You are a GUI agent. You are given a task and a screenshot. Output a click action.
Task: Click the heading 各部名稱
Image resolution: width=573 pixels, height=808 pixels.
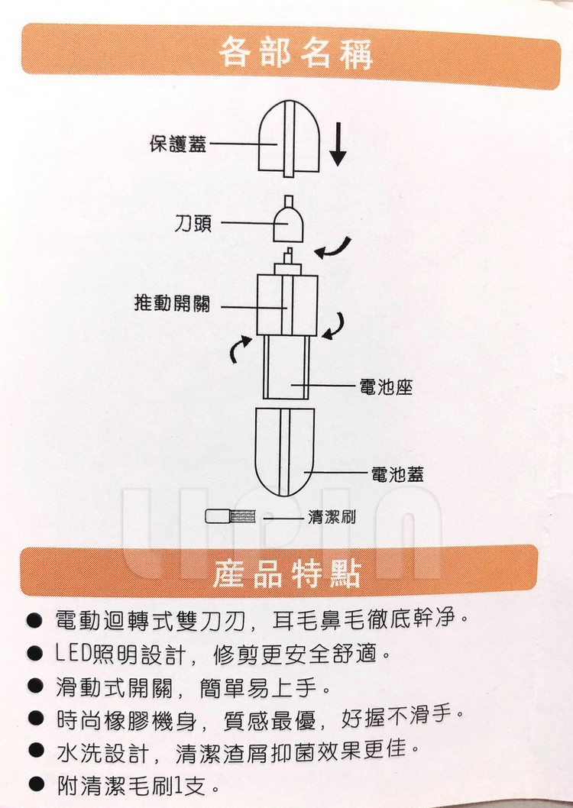tap(295, 53)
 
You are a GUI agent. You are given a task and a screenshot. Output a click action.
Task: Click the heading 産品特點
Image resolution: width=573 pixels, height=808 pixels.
tap(286, 573)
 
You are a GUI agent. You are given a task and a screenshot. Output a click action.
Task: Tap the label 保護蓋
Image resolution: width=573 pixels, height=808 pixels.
tap(178, 144)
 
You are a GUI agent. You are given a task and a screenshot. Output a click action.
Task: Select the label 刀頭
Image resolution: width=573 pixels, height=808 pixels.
tap(193, 224)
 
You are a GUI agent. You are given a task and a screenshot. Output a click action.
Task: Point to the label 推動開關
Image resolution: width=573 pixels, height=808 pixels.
tap(172, 303)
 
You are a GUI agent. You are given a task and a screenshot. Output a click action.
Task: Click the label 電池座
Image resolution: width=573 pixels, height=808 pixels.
tap(386, 386)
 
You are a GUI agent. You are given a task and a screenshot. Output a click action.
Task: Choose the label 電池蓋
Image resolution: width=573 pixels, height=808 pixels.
tap(397, 473)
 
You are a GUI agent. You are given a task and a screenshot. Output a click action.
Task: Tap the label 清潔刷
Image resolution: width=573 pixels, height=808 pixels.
tap(332, 517)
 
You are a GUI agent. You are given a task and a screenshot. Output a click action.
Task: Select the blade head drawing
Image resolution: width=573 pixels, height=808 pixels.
tap(287, 219)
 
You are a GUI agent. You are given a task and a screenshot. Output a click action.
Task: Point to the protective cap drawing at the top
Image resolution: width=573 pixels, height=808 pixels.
tap(289, 138)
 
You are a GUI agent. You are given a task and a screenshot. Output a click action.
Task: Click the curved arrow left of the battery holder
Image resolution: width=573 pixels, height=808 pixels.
tap(239, 349)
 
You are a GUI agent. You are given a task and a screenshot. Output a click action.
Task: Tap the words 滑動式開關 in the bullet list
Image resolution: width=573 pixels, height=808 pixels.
tap(113, 687)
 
